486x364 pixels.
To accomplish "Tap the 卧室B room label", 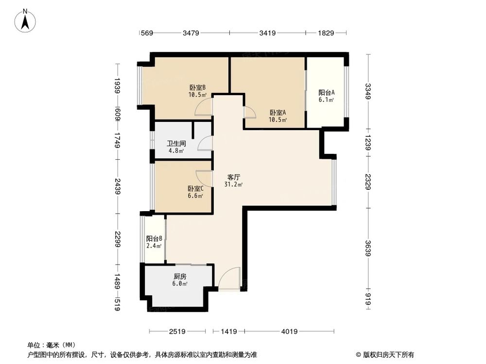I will (x=197, y=88).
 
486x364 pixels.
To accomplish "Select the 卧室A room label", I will (x=278, y=112).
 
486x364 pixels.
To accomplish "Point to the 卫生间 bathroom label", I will (x=176, y=144).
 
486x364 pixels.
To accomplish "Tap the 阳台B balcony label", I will (x=154, y=239).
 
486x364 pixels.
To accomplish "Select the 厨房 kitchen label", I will (x=180, y=276).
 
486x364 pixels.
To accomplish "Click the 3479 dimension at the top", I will (x=191, y=33).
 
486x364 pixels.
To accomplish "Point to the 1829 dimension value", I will (x=326, y=33).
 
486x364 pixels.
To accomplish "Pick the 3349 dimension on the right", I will (x=368, y=91).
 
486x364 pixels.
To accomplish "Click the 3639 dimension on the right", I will (x=368, y=249).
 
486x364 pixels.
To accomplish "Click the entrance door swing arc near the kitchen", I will (x=229, y=279).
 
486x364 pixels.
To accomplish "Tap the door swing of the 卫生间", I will (x=205, y=142).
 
